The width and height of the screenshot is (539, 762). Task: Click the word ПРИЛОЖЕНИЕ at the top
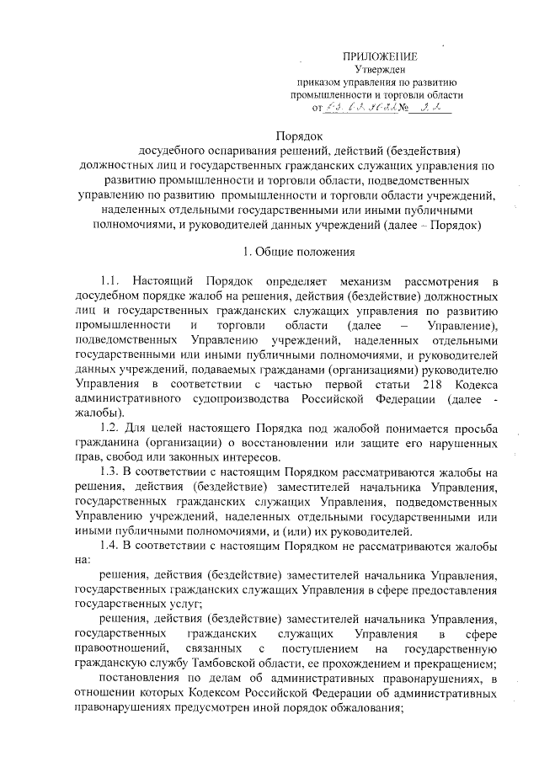click(x=372, y=56)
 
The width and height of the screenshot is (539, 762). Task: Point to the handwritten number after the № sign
click(x=433, y=108)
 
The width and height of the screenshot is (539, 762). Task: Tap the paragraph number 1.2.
click(x=112, y=428)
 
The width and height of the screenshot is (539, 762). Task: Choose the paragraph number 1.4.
click(x=112, y=545)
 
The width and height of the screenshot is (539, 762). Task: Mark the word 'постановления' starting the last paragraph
click(x=137, y=678)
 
